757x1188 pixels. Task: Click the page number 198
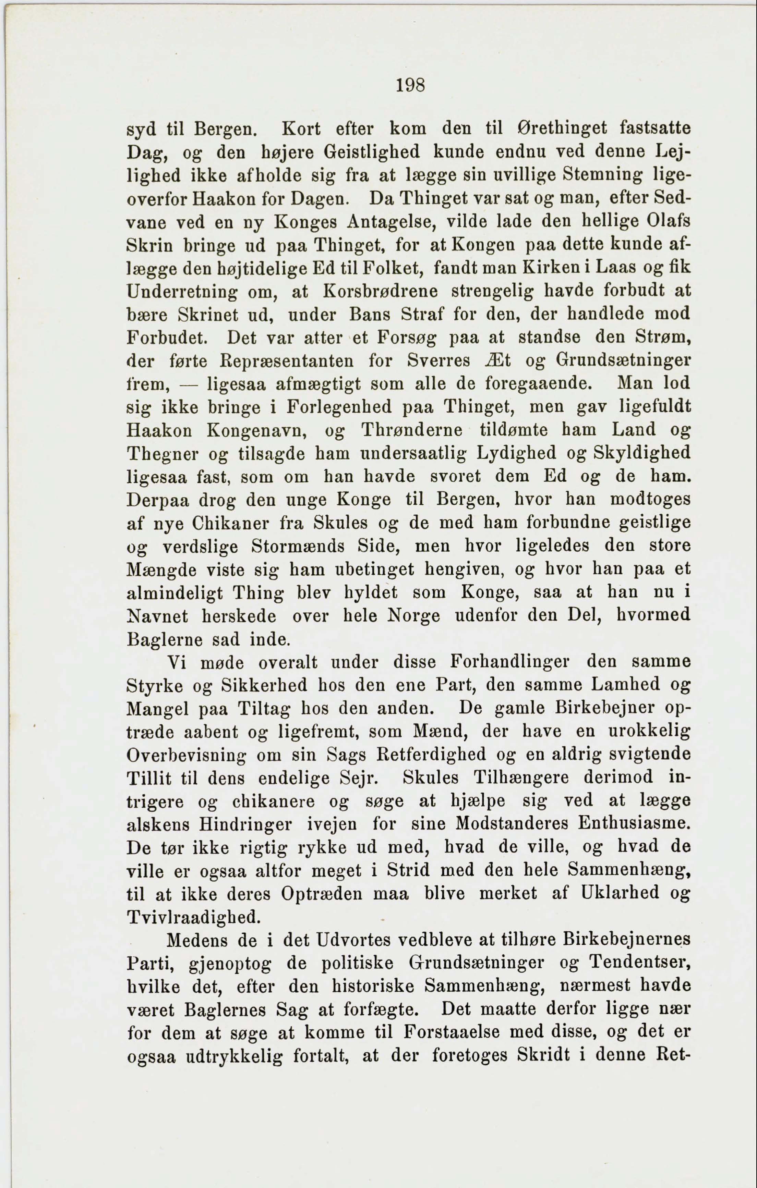pos(410,85)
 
